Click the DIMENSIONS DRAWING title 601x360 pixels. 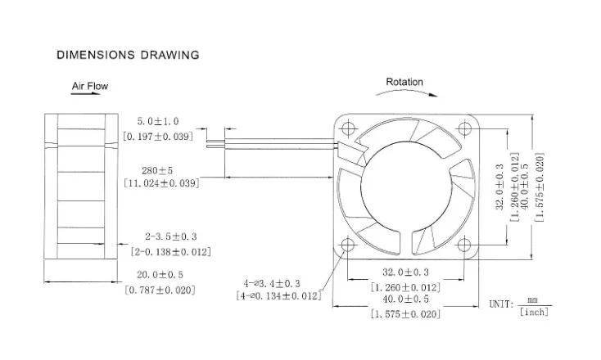point(127,56)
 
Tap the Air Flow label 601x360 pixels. point(89,86)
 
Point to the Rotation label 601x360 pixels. point(404,82)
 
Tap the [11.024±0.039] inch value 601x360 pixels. point(160,183)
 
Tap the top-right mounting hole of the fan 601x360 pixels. point(466,128)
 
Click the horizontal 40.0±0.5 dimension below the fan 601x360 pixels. point(405,300)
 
